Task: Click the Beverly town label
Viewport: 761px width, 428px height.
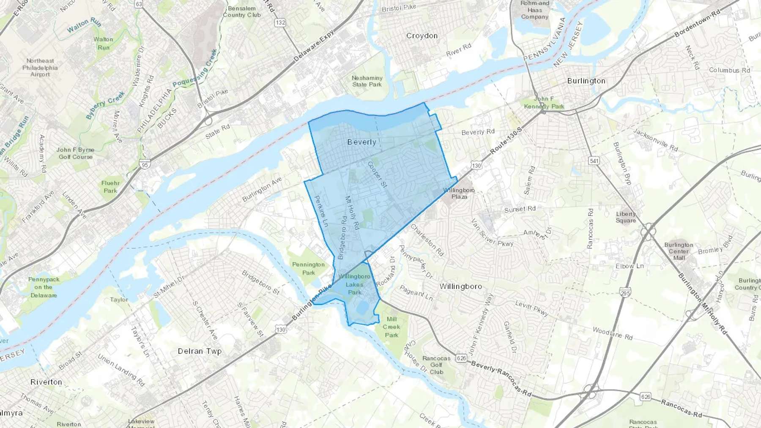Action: coord(361,142)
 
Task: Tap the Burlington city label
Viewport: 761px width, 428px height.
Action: coord(586,81)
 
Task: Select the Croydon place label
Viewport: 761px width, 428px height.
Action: coord(422,36)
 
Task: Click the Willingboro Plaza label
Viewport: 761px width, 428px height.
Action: coord(459,193)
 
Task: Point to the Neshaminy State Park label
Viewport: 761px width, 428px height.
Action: coord(367,81)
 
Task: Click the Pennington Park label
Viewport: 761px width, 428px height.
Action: coord(308,268)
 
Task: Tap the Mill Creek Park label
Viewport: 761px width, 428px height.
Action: coord(391,327)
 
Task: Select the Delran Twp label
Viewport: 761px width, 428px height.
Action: coord(200,351)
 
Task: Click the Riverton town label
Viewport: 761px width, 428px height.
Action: coord(46,382)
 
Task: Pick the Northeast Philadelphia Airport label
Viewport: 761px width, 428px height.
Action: coord(40,68)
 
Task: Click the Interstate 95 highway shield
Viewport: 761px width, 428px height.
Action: coord(145,165)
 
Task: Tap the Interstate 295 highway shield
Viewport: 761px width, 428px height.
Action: coord(625,292)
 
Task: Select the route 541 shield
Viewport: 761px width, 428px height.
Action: coord(594,161)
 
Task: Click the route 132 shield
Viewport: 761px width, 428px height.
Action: coord(280,23)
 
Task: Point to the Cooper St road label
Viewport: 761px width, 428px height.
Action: coord(377,174)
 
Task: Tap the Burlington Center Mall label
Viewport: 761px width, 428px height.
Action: coord(679,251)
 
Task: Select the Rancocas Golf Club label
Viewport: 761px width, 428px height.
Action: coord(436,365)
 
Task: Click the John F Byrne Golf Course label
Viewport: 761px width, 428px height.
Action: coord(75,153)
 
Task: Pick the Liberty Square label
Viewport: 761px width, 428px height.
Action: coord(626,217)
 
